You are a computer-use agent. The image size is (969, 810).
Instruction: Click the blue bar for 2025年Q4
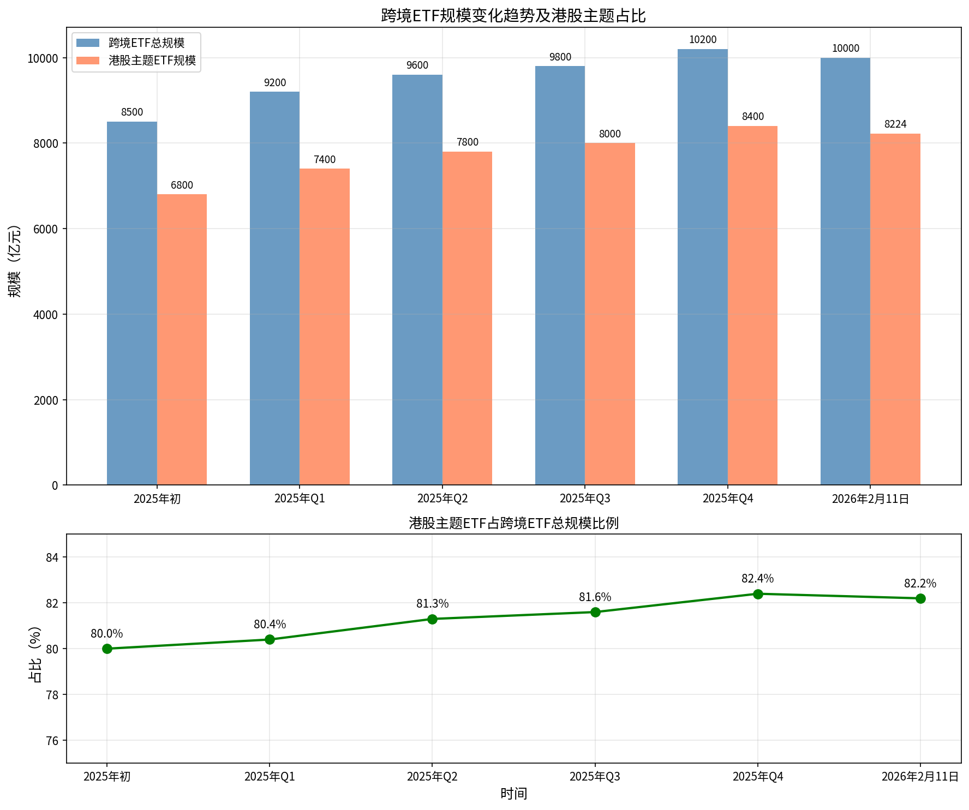click(x=702, y=267)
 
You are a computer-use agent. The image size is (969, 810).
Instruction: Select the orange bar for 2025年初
click(x=182, y=339)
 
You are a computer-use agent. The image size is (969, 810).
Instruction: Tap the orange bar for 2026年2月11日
click(x=895, y=309)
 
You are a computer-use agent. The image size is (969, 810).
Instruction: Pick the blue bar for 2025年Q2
click(x=417, y=280)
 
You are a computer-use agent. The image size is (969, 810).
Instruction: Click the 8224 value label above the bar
click(x=895, y=124)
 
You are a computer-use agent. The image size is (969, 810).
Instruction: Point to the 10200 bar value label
click(x=703, y=40)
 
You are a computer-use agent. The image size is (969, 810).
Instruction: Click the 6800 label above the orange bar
click(x=182, y=185)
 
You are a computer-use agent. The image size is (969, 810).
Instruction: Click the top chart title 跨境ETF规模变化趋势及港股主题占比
click(x=513, y=15)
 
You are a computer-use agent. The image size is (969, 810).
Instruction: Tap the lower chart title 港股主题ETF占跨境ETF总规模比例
click(x=513, y=524)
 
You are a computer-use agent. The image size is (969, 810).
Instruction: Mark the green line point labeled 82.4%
click(x=758, y=594)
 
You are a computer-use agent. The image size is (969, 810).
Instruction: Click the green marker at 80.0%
click(x=107, y=649)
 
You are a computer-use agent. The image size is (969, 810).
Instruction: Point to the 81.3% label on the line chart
click(x=432, y=604)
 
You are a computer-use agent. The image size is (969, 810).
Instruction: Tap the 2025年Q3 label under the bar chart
click(x=585, y=499)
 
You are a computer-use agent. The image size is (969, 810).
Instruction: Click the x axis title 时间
click(x=513, y=794)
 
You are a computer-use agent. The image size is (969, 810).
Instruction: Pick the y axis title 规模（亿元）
click(x=15, y=261)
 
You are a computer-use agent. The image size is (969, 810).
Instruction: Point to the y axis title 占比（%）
click(x=35, y=654)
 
